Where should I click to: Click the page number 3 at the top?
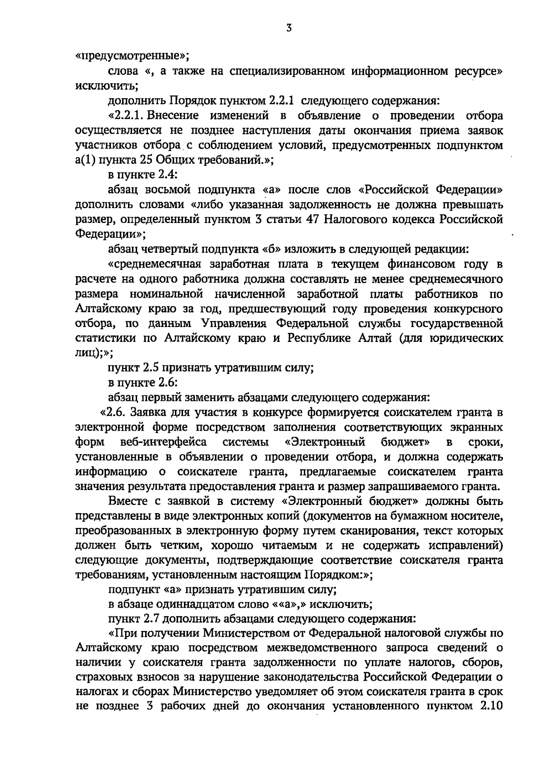(x=289, y=28)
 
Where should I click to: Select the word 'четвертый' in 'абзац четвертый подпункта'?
(x=170, y=249)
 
